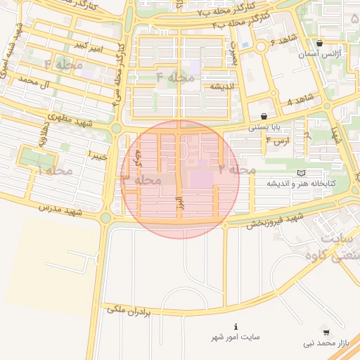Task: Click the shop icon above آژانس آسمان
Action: [320, 43]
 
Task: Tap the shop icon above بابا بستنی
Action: [264, 117]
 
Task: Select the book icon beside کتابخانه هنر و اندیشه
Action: [302, 172]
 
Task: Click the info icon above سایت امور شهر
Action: [236, 327]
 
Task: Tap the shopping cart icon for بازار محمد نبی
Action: [326, 332]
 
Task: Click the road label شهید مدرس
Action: [60, 209]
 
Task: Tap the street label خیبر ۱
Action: [96, 155]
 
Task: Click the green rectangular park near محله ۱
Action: [37, 157]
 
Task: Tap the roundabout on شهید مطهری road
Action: [115, 128]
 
